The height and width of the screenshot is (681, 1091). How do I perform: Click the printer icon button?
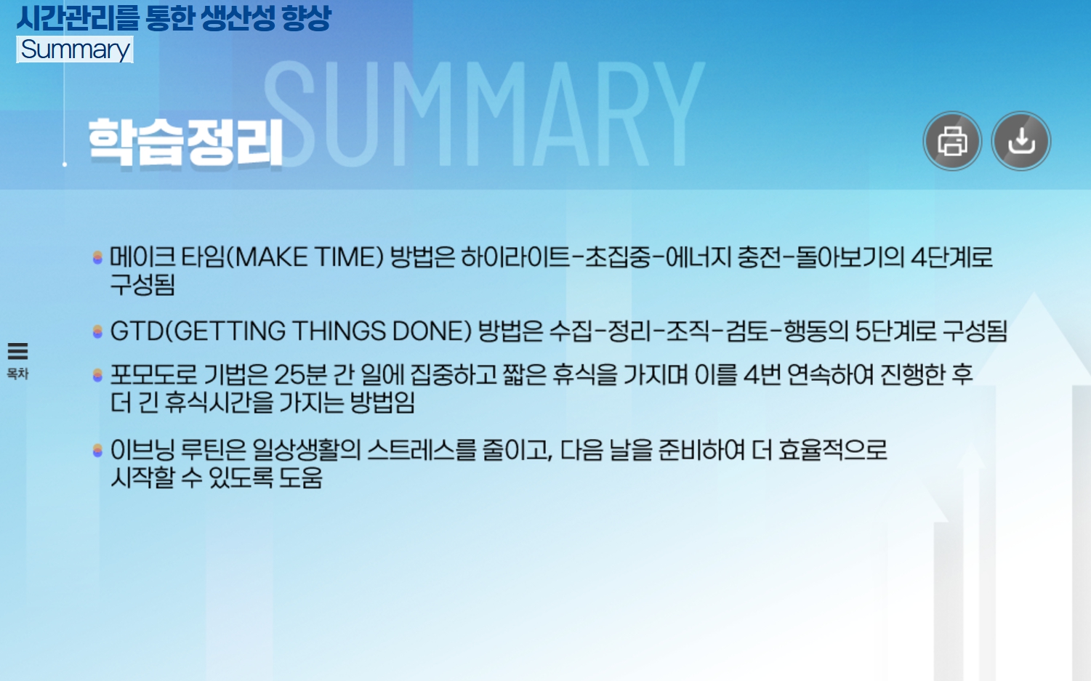click(952, 141)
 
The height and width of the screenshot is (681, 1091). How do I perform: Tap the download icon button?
click(1021, 141)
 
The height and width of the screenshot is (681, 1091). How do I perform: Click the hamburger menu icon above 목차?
click(18, 351)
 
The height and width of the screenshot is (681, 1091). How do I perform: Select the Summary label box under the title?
click(75, 49)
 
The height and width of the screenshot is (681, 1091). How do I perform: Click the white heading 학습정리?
click(185, 142)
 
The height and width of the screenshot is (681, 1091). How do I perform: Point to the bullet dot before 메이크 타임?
click(97, 257)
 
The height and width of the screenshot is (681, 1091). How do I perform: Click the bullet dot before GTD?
click(97, 331)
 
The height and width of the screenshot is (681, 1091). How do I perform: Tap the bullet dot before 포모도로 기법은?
click(97, 374)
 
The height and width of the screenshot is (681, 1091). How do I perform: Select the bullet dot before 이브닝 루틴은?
click(97, 450)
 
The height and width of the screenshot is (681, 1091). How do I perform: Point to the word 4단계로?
click(951, 257)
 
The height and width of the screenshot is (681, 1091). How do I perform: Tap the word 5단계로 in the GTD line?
click(895, 331)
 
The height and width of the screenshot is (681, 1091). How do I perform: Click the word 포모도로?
click(153, 374)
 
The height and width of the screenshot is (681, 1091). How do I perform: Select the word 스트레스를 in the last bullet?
click(422, 450)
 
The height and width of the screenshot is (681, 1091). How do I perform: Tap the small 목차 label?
click(17, 374)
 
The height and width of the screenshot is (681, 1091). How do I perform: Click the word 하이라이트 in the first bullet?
click(515, 257)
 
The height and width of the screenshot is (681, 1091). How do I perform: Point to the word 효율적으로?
click(833, 450)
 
